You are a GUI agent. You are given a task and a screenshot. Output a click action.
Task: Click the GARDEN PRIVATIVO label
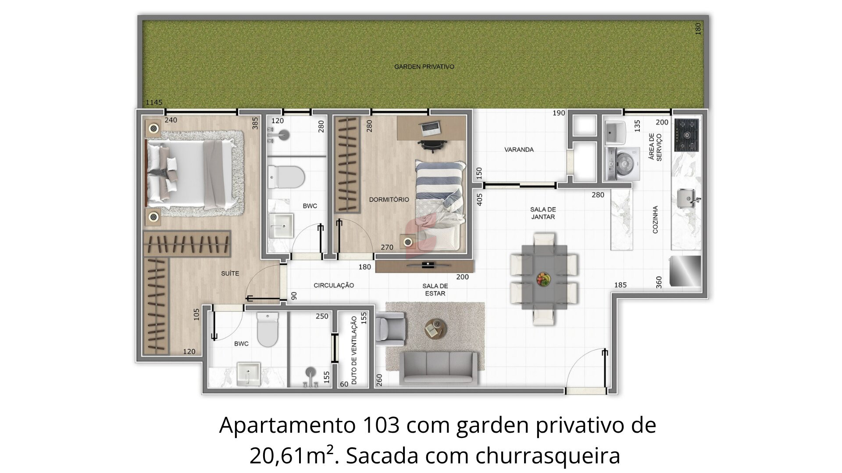[x=424, y=67]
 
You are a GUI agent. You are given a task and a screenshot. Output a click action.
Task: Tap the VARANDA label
[x=519, y=150]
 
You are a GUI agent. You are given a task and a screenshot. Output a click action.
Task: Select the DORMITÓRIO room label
[x=389, y=200]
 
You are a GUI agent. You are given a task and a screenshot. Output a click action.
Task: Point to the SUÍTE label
[x=230, y=274]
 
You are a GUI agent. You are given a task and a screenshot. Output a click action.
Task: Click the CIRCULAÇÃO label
[x=334, y=286]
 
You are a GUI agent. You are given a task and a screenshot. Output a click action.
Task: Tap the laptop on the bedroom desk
[x=431, y=127]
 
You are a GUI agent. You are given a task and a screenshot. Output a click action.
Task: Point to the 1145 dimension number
[x=154, y=102]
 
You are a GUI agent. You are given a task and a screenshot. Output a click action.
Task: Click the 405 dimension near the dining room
[x=479, y=200]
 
